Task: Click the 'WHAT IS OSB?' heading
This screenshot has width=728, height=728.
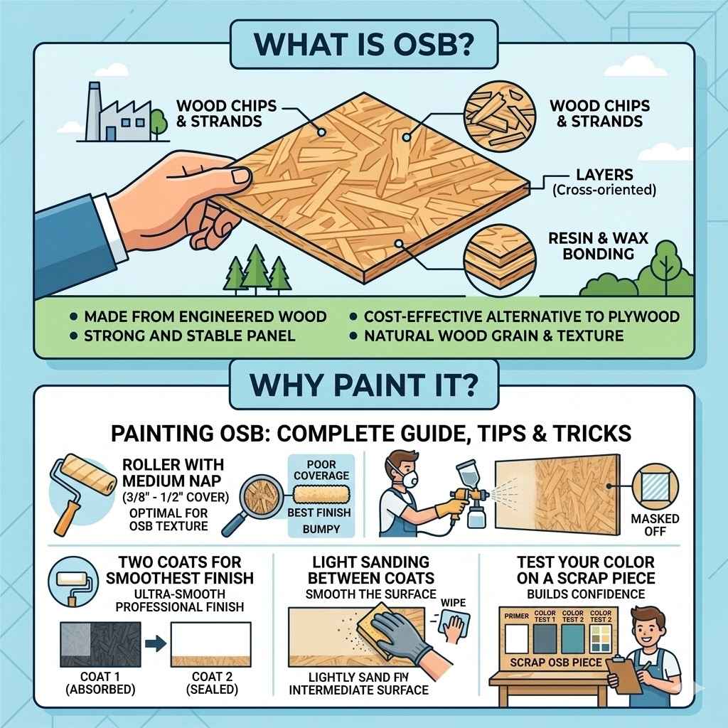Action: (x=363, y=43)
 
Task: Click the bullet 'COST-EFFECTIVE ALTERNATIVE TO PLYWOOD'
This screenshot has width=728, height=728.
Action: (x=521, y=316)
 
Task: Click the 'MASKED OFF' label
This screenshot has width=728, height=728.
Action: (x=659, y=525)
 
